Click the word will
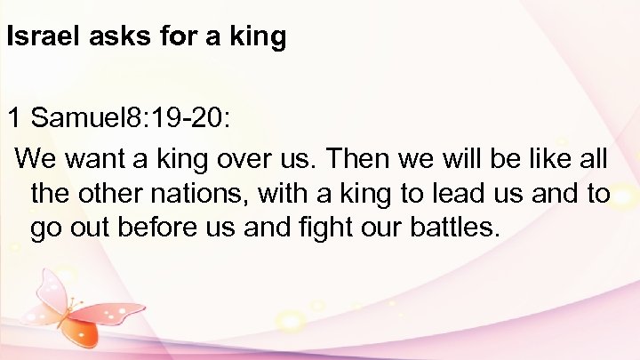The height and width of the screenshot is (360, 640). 473,160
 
